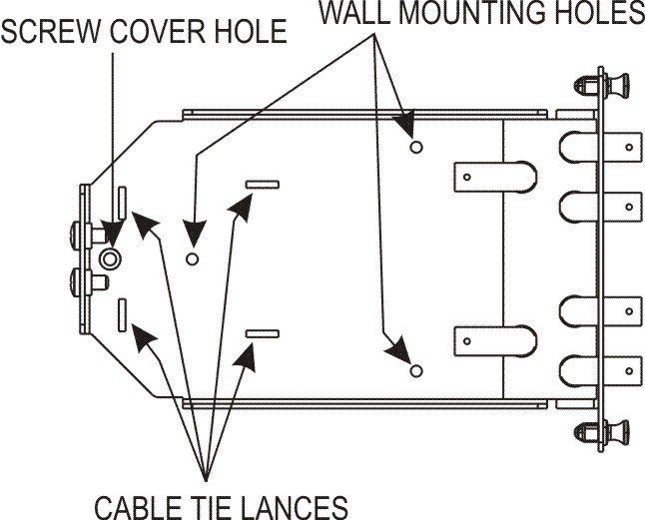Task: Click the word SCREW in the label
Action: (x=51, y=32)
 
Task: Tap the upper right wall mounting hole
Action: (x=416, y=147)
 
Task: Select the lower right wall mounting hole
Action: (x=416, y=370)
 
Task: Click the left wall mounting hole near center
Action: (x=192, y=259)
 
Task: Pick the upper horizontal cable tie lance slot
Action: (x=263, y=185)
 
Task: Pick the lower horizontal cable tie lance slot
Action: (x=263, y=333)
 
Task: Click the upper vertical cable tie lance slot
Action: (x=122, y=203)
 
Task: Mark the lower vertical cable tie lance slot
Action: (x=122, y=315)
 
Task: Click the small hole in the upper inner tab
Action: (x=467, y=178)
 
